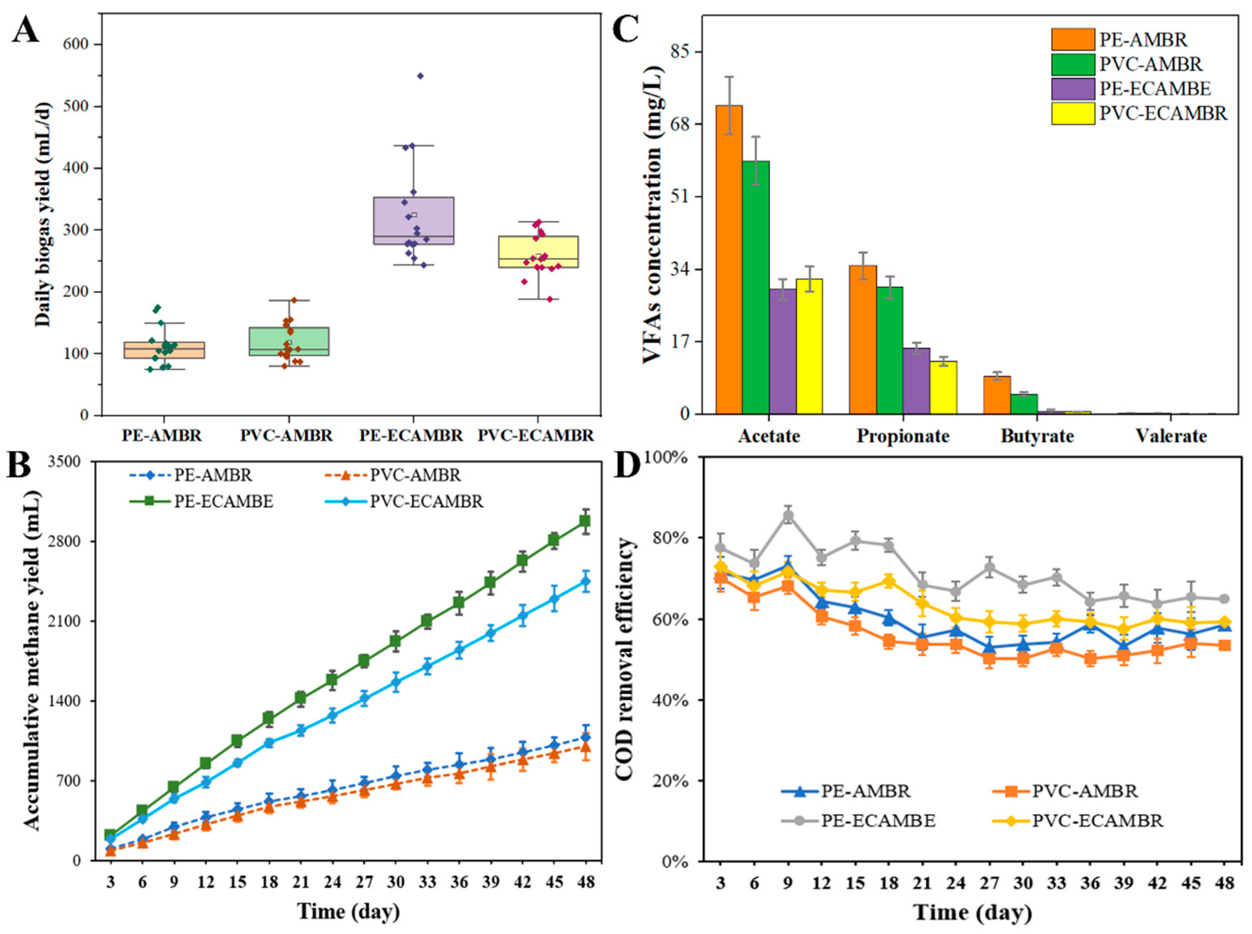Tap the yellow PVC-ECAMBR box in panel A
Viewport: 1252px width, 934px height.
click(x=538, y=252)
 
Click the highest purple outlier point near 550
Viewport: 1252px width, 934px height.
click(x=420, y=76)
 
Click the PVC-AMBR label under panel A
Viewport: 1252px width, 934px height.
click(x=287, y=436)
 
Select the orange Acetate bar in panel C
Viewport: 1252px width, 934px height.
click(x=729, y=260)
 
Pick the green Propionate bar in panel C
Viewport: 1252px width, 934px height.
click(x=889, y=350)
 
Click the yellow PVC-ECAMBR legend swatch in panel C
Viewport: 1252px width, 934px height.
click(x=1073, y=114)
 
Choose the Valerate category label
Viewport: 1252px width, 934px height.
click(x=1171, y=436)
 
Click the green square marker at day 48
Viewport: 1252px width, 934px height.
click(x=585, y=521)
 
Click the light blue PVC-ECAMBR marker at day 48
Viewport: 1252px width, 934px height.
click(x=585, y=581)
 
